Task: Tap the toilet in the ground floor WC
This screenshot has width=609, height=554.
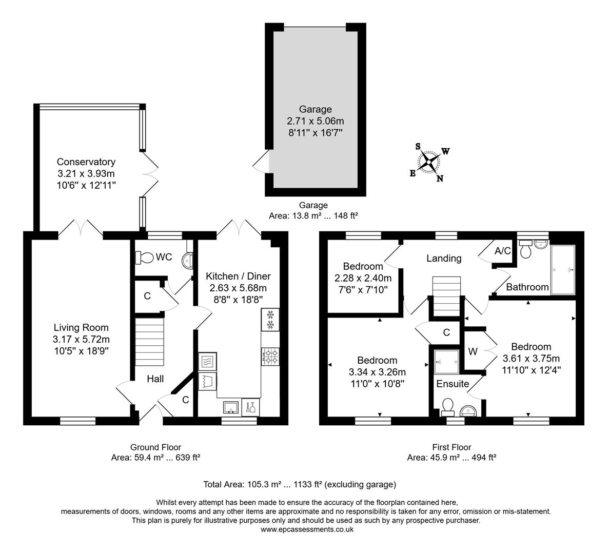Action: (x=144, y=257)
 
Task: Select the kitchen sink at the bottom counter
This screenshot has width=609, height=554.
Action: (x=230, y=407)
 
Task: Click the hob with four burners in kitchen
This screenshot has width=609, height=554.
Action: (x=270, y=356)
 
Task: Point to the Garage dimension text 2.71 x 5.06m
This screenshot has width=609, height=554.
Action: (x=315, y=121)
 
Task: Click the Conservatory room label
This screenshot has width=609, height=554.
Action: (x=86, y=162)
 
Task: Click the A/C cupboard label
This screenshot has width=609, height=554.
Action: (x=502, y=251)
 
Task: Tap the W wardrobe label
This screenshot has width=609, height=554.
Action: (x=473, y=352)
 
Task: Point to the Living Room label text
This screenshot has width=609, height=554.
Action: (x=81, y=327)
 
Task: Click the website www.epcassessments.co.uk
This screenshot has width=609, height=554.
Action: (x=307, y=529)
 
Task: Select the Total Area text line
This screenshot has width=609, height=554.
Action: (x=300, y=484)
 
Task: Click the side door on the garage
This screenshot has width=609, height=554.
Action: (x=263, y=162)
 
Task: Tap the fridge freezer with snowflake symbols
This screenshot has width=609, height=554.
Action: (x=270, y=320)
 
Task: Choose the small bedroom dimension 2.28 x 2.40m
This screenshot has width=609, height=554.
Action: (x=363, y=278)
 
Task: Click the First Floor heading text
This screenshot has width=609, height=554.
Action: (x=451, y=447)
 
